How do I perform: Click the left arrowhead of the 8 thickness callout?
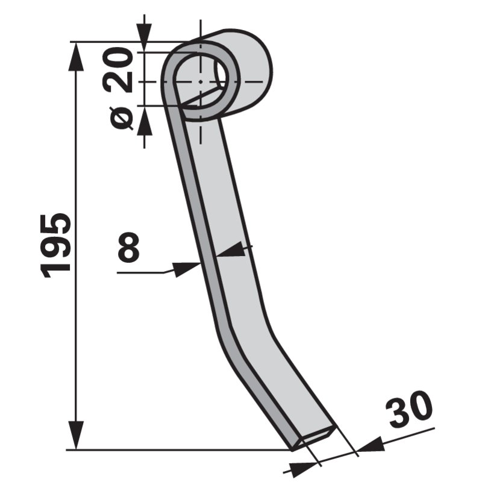[187, 268]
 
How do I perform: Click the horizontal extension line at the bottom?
[181, 449]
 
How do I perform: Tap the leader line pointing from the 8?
[145, 273]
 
